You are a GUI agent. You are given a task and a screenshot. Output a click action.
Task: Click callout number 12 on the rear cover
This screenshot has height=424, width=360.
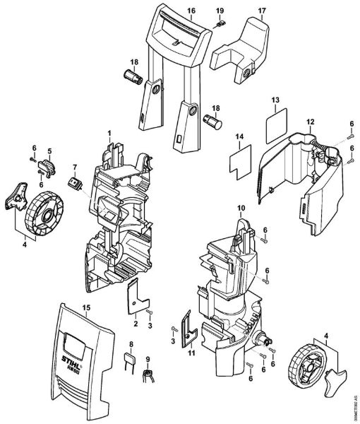click(309, 122)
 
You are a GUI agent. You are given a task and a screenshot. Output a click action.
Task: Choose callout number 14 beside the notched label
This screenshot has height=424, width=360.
click(239, 136)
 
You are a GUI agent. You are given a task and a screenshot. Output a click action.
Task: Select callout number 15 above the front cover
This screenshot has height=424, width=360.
click(87, 307)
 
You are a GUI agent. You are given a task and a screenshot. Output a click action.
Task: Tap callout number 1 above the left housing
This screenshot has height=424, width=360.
click(109, 133)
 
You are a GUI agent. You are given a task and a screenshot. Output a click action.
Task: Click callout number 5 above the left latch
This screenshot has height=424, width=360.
click(50, 151)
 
